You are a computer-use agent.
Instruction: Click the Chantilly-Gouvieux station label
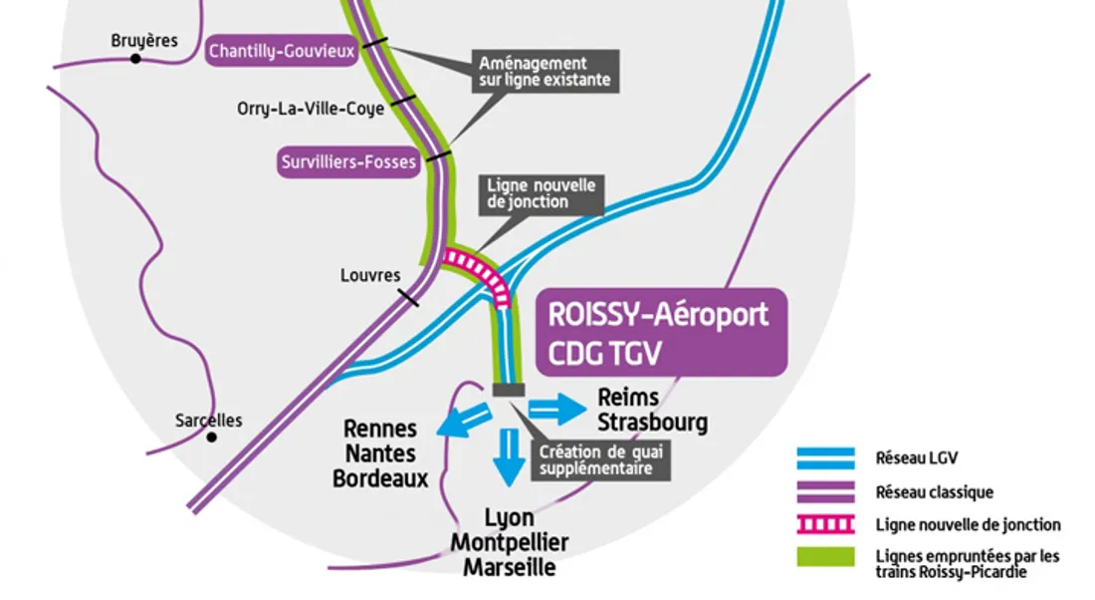282,51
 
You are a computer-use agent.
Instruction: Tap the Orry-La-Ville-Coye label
297,109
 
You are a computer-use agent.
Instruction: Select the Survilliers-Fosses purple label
348,162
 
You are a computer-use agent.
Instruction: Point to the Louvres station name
370,275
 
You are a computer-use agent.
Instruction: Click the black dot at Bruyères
136,60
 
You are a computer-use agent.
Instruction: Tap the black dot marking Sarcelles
211,437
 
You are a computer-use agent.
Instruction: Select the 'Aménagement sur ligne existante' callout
545,71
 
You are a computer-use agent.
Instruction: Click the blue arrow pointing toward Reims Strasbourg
555,407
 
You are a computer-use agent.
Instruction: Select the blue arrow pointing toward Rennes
462,419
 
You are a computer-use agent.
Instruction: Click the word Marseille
510,568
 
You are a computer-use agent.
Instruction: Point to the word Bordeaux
380,478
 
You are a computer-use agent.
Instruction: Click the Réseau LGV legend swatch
825,457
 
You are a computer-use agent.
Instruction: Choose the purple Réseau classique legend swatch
825,491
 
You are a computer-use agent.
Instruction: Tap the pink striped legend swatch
825,524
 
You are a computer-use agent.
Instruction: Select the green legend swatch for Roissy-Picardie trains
825,556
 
